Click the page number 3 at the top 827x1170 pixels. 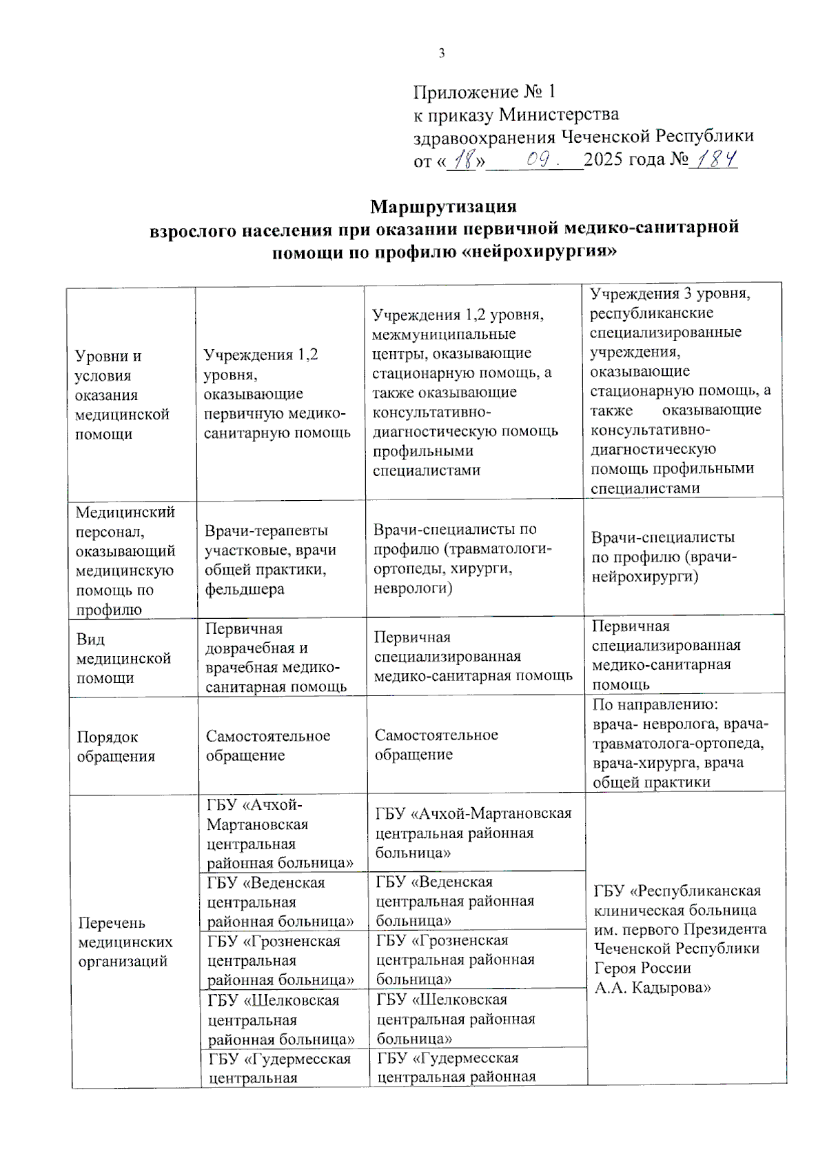(442, 54)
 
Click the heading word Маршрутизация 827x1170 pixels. (443, 206)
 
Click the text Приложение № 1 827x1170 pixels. (484, 92)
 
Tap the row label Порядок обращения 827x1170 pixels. (116, 746)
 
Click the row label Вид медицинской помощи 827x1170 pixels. (123, 658)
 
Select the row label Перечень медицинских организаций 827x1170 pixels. (125, 942)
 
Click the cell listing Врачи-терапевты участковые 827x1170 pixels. (270, 559)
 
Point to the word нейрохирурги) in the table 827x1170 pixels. (644, 576)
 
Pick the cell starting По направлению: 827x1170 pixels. (680, 743)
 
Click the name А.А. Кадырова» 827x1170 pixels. (652, 987)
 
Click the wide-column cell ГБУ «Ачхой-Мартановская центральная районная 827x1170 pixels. (473, 833)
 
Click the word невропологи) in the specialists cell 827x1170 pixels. (413, 588)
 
